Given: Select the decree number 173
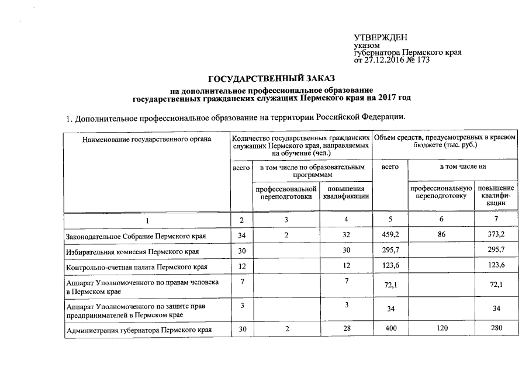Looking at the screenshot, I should coord(423,60).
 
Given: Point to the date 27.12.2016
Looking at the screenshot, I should coord(383,60).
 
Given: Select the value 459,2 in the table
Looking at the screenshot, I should coord(390,235).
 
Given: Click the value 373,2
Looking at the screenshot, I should coord(496,235).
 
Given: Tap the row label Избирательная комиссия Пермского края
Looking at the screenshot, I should coord(132,252).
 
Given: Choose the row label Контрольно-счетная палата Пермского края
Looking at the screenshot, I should coord(137,268).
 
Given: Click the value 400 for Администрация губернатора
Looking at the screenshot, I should coord(390,329).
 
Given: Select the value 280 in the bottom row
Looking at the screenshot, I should coord(496,329).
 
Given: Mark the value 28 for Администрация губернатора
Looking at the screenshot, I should coord(347,329).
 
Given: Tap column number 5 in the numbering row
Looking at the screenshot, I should coord(390,219).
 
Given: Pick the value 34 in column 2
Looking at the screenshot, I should coord(241,235).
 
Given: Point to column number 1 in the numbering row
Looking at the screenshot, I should coord(147,220).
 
